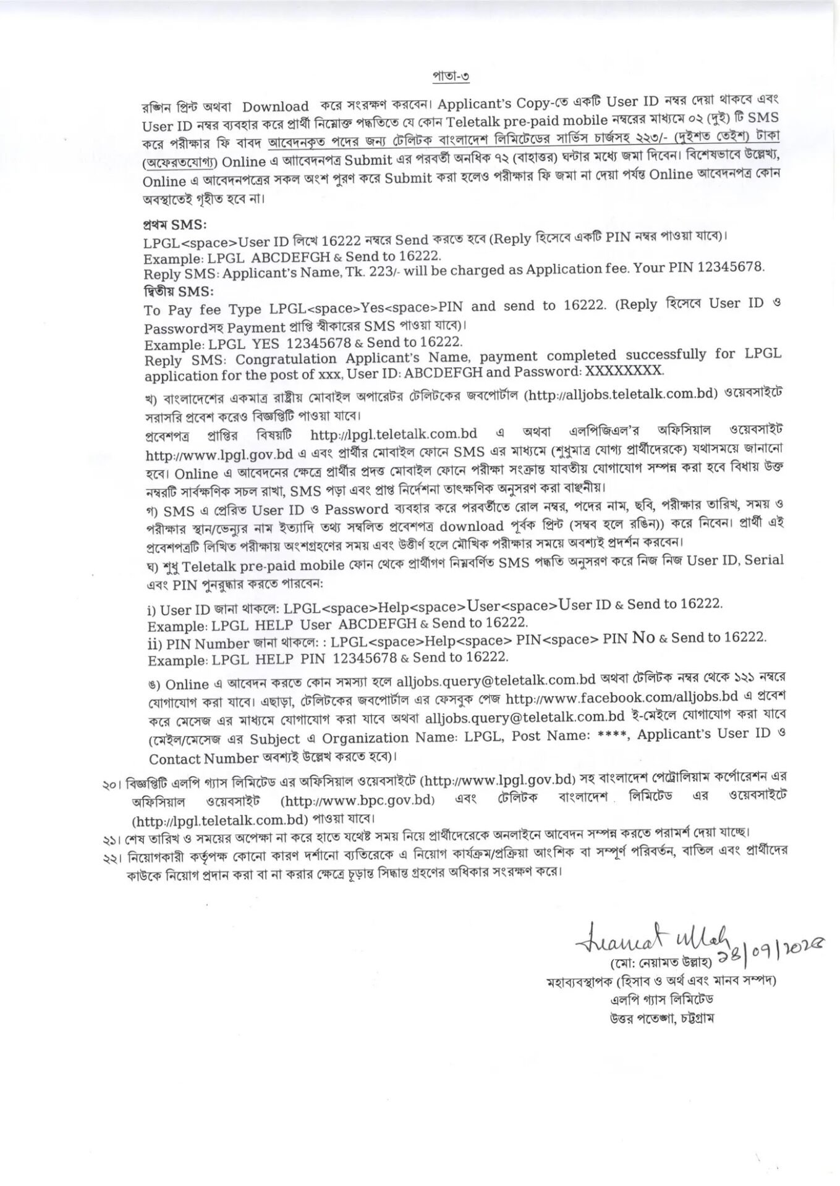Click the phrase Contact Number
203,758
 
